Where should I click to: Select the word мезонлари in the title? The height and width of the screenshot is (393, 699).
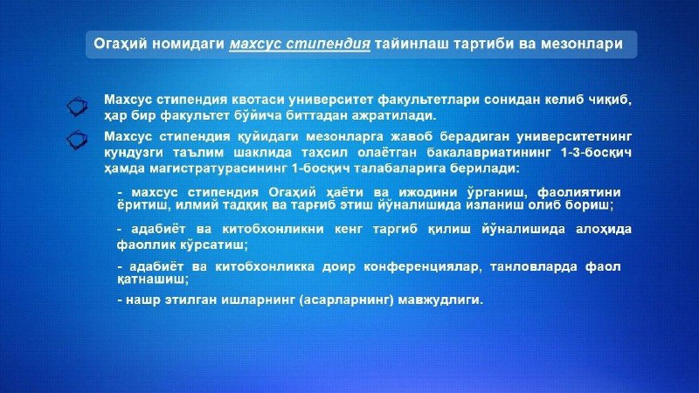coord(581,44)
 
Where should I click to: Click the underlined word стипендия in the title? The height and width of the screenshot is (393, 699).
coord(329,44)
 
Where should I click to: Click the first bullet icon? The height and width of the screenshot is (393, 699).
coord(77,107)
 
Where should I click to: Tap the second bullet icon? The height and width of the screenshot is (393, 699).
coord(77,140)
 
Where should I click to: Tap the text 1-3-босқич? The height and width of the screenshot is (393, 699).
coord(597,152)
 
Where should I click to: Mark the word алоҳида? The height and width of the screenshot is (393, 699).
coord(604,229)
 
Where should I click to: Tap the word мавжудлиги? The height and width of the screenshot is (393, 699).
coord(439,300)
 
